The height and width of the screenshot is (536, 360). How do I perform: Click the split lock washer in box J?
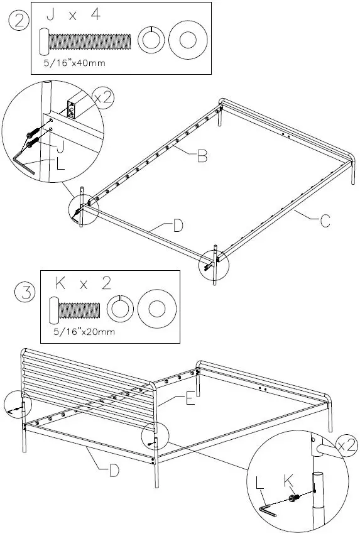point(150,40)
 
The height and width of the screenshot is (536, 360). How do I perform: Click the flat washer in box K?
point(154,309)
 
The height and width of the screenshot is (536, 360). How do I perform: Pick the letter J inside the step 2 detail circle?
point(60,148)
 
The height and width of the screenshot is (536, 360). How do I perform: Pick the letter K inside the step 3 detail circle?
point(290,481)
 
